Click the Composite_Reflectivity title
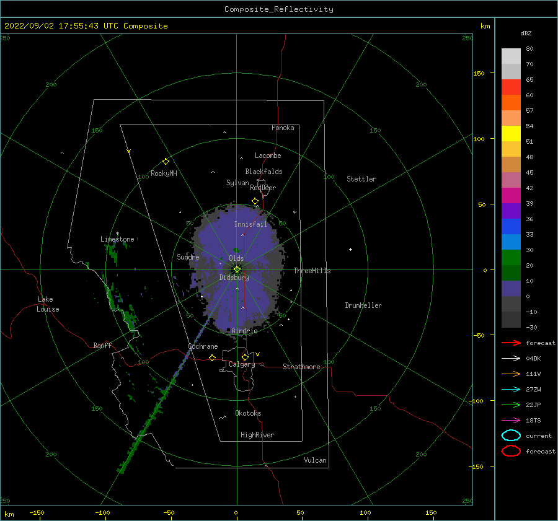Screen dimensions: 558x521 (278, 9)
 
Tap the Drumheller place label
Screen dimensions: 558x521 (363, 305)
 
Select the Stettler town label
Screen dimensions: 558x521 (361, 179)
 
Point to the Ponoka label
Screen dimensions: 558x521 (283, 128)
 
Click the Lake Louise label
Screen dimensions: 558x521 (48, 304)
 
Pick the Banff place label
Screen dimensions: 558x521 (102, 345)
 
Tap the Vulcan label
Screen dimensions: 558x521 (315, 460)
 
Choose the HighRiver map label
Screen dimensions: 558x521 (257, 435)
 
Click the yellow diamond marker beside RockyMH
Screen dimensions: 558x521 (166, 162)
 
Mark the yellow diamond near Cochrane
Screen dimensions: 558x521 (213, 357)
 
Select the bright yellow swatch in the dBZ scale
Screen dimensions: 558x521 (511, 133)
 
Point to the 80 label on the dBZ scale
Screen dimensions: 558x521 (529, 49)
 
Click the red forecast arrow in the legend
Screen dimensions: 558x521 (511, 343)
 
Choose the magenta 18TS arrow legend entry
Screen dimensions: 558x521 (511, 421)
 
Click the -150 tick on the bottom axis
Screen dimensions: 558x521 (37, 512)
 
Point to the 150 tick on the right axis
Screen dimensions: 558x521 (479, 73)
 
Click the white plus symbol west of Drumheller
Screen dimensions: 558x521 (350, 249)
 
